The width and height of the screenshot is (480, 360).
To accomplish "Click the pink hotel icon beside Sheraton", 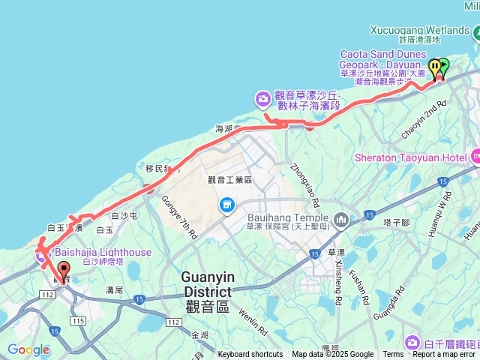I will pyautogui.click(x=475, y=157).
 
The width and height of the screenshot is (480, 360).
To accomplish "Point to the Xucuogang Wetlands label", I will pyautogui.click(x=419, y=30).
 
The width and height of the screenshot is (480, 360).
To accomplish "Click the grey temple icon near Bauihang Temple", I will pyautogui.click(x=342, y=220).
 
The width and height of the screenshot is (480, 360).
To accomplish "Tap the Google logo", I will pyautogui.click(x=28, y=349).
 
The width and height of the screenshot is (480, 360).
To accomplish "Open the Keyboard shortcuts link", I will pyautogui.click(x=250, y=355).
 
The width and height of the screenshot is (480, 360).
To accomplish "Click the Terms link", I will pyautogui.click(x=393, y=355).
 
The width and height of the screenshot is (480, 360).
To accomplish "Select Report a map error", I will pyautogui.click(x=444, y=355).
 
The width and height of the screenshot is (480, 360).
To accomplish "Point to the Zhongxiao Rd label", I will pyautogui.click(x=304, y=182).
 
